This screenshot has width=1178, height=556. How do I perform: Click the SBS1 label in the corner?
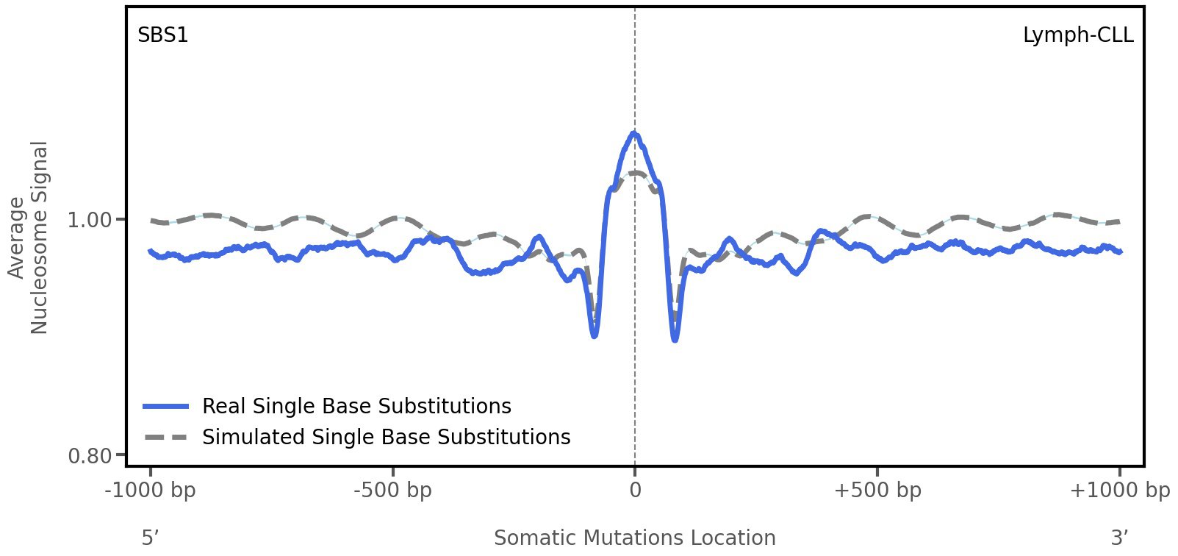click(163, 35)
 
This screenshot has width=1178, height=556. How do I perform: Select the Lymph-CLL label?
click(1077, 35)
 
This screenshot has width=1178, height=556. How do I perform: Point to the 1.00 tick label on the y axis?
click(89, 220)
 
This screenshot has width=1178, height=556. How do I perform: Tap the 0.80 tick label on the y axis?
click(89, 457)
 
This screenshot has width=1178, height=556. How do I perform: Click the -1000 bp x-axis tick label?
click(151, 491)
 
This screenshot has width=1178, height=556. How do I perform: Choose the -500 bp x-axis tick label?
click(392, 491)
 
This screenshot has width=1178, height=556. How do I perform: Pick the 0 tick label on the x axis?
click(635, 491)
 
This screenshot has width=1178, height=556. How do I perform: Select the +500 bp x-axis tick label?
click(877, 491)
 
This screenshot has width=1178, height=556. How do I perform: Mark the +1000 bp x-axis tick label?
click(1119, 491)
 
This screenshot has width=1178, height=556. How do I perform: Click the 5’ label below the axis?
click(150, 538)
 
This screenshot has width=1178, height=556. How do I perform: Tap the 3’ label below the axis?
click(1119, 538)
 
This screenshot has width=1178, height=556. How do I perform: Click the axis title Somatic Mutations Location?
click(635, 538)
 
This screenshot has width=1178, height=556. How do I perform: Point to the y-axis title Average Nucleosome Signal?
click(29, 237)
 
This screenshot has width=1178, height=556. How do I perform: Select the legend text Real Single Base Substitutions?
click(356, 406)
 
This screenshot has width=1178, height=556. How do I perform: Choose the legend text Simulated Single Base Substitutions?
click(386, 437)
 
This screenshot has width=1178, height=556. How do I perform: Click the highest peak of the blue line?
click(634, 133)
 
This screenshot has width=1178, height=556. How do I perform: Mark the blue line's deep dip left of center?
click(595, 336)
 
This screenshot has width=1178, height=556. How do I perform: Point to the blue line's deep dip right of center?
click(675, 340)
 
